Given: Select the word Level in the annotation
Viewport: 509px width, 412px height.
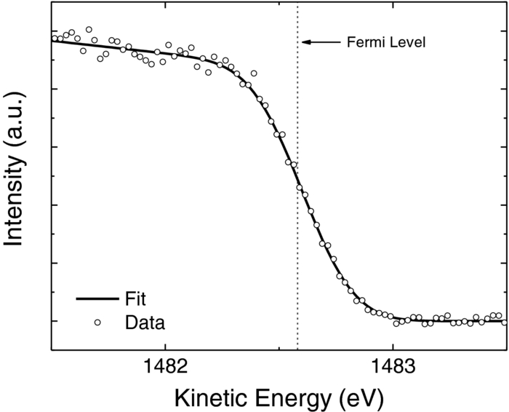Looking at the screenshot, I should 409,42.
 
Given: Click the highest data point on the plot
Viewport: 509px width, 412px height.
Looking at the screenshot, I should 89,30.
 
